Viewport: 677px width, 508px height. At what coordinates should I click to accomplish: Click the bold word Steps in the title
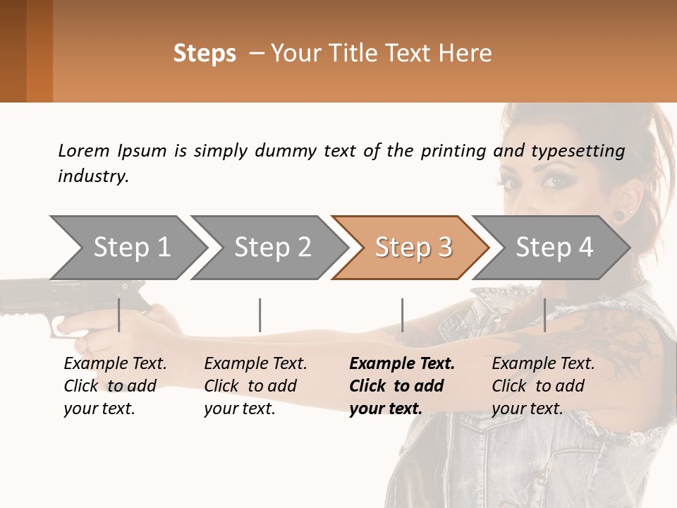[205, 54]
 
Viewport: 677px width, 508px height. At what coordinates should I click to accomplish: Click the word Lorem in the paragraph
[84, 151]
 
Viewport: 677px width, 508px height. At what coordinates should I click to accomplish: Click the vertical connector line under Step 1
[119, 315]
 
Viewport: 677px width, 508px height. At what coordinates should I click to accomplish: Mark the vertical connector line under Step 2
[260, 315]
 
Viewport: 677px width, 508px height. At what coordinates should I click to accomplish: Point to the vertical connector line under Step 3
[402, 315]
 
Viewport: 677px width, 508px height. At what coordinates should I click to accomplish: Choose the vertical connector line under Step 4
[544, 315]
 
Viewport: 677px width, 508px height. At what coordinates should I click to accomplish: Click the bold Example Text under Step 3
[402, 364]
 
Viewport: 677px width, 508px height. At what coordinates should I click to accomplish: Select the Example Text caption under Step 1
[115, 364]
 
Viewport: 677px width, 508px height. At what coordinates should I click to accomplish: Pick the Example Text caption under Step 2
[255, 364]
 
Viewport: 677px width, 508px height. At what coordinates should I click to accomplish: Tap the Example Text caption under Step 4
[543, 364]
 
